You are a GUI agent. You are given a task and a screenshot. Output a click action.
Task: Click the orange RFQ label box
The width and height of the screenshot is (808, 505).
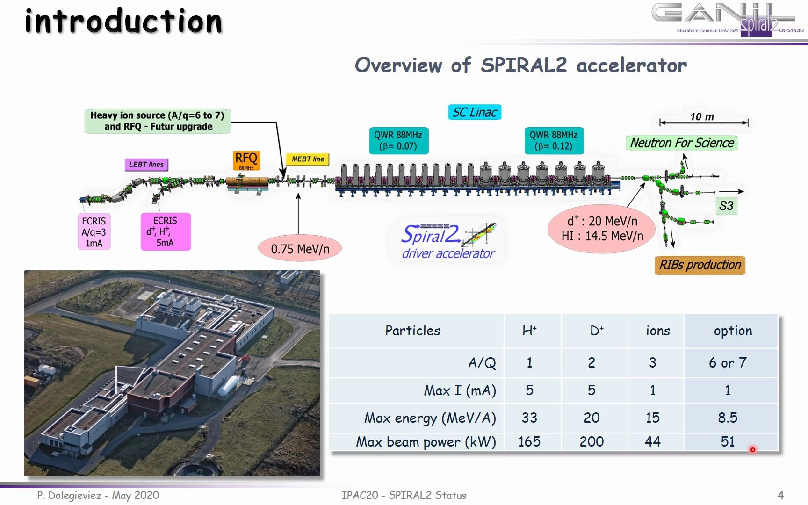coord(246,160)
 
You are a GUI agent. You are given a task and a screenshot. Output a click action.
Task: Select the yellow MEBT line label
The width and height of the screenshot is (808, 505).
coord(308,159)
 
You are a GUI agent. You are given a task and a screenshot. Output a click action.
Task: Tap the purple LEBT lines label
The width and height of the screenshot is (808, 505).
coord(146,165)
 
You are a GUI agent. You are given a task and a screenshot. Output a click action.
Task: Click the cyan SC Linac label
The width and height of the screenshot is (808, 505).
coord(475,112)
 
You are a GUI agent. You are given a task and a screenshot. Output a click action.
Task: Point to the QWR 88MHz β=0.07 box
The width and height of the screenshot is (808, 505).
coord(398,140)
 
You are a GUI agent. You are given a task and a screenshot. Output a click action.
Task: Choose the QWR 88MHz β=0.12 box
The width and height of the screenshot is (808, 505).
coord(554,140)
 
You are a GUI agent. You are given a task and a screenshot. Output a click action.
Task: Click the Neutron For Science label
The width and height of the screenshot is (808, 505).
coord(682,143)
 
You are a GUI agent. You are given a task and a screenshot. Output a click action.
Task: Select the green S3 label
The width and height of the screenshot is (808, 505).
coord(726,206)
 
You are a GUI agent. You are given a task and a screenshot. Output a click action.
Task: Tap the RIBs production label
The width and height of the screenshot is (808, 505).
coord(700,265)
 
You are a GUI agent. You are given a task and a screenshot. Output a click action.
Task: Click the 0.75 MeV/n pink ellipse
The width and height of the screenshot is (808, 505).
coord(300,249)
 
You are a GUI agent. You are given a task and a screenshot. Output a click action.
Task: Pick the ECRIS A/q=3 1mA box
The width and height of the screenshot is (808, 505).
coord(94,232)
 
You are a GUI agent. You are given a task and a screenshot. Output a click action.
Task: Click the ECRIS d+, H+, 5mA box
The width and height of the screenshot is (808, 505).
coord(166,232)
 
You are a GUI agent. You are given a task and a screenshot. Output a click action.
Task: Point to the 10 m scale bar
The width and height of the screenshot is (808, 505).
coord(704,123)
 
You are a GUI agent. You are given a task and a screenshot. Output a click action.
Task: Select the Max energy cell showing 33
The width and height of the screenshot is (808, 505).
coord(529,418)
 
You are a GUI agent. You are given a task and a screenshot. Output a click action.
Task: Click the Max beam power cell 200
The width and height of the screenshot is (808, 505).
coord(592,441)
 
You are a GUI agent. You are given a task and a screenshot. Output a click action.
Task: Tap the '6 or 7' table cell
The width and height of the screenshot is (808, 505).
coord(728,362)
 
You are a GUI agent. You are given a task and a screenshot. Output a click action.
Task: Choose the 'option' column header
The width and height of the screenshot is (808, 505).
coord(733,331)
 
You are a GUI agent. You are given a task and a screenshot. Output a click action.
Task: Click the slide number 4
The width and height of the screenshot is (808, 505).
coord(780,495)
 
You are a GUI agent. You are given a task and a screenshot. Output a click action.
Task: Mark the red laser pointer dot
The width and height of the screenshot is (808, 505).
coord(753,450)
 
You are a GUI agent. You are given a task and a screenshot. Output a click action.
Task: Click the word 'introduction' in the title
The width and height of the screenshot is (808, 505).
coord(123,22)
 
